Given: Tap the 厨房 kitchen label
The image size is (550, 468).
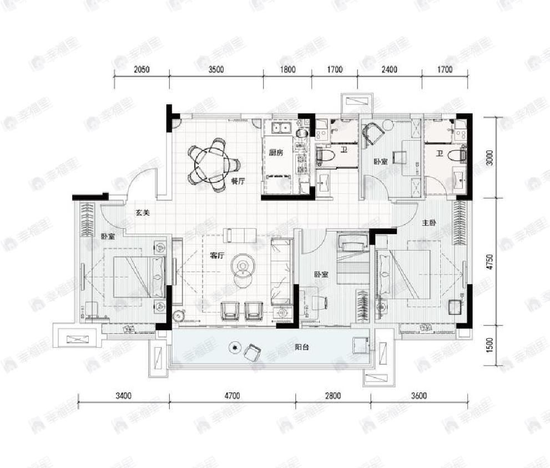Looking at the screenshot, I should pos(276,153).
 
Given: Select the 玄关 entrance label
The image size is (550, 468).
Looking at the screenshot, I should pos(142,212).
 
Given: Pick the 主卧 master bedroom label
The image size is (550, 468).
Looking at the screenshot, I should pos(430,223).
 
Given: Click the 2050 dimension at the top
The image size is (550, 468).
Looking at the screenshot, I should pos(142,70).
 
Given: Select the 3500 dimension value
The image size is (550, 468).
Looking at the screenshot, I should pos(216,70).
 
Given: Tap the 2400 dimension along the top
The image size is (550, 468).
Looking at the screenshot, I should pos(389,70).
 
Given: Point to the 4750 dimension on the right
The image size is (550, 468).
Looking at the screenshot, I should pos(489,261).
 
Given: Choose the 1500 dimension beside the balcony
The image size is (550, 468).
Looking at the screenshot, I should pos(489,345).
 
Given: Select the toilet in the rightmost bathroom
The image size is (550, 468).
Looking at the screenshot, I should pos(456,154).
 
